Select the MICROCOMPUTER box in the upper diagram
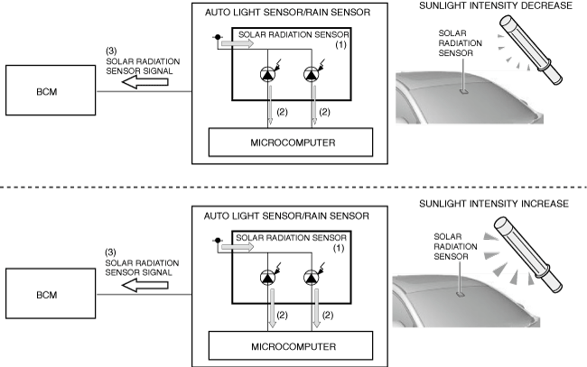tap(291, 141)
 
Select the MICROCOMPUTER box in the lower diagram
tap(291, 344)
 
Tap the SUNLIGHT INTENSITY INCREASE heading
tap(494, 205)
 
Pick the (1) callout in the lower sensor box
tap(341, 247)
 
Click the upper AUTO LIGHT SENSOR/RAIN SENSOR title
tap(286, 12)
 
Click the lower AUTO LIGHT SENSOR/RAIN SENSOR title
tap(286, 216)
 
